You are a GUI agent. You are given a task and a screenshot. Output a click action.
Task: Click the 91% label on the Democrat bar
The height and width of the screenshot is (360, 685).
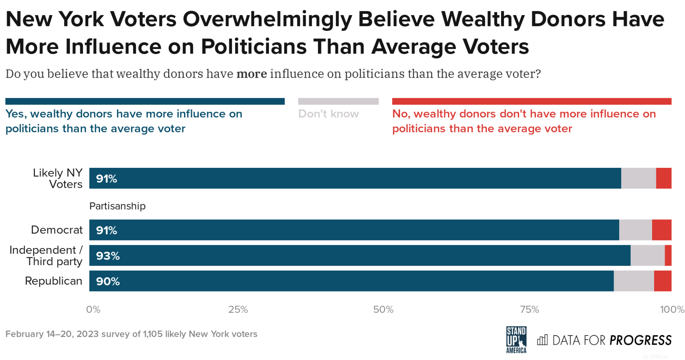(107, 230)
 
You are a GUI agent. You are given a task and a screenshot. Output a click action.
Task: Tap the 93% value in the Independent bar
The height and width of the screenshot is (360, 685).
(108, 256)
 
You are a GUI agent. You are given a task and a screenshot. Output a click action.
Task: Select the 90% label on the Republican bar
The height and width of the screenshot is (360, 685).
(108, 281)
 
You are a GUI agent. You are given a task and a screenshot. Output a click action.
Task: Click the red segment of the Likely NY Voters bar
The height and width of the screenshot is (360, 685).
(663, 178)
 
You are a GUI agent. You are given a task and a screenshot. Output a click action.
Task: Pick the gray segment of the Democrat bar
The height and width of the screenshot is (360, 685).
(635, 230)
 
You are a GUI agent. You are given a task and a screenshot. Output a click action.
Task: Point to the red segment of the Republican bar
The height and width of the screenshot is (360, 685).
(662, 281)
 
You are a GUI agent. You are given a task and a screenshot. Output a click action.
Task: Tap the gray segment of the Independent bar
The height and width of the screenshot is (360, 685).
(647, 256)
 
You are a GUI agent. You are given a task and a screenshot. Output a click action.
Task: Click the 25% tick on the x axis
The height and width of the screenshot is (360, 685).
(238, 310)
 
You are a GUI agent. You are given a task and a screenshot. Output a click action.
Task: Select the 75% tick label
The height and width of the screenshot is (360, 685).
(529, 310)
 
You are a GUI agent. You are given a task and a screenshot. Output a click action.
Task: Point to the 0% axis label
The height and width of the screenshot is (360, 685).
(93, 310)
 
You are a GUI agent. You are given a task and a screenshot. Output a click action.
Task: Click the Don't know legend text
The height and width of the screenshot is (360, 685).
(328, 114)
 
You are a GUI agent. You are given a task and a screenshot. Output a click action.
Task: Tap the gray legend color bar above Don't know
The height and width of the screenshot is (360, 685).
(338, 101)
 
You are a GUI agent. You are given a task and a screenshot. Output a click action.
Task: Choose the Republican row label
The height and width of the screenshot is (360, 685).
(53, 281)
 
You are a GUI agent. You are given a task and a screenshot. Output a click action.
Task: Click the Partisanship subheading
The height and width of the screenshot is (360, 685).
(117, 206)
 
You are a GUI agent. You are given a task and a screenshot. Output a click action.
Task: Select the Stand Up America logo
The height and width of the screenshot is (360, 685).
(516, 340)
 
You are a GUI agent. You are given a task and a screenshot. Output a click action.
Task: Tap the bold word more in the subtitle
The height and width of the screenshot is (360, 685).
(252, 74)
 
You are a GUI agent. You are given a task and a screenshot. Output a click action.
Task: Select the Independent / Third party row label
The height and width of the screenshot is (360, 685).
(46, 256)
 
